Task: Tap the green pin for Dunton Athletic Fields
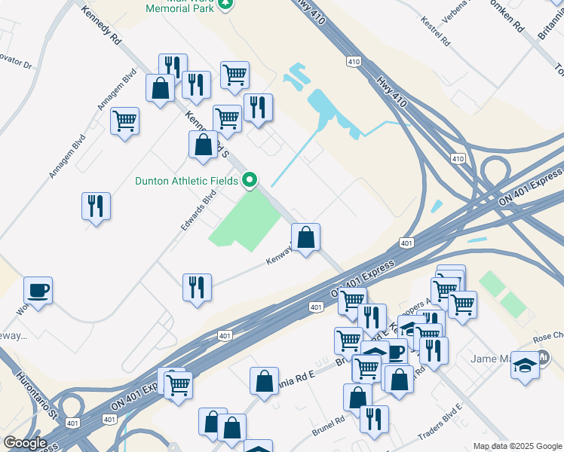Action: coord(250,180)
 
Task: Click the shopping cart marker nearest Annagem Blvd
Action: coord(124,121)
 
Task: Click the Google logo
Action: coord(25,443)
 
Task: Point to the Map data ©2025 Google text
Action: coord(517,446)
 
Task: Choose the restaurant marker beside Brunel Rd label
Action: coord(374,420)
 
